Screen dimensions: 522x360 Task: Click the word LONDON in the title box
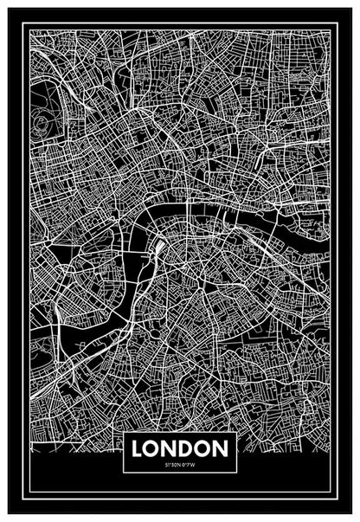click(179, 449)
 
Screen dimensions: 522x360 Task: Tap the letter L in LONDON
click(140, 449)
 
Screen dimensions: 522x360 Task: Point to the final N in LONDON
click(221, 449)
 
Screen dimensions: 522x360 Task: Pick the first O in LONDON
click(155, 449)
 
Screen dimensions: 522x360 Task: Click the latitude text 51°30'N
click(170, 465)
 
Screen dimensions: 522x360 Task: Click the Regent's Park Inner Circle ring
click(46, 119)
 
